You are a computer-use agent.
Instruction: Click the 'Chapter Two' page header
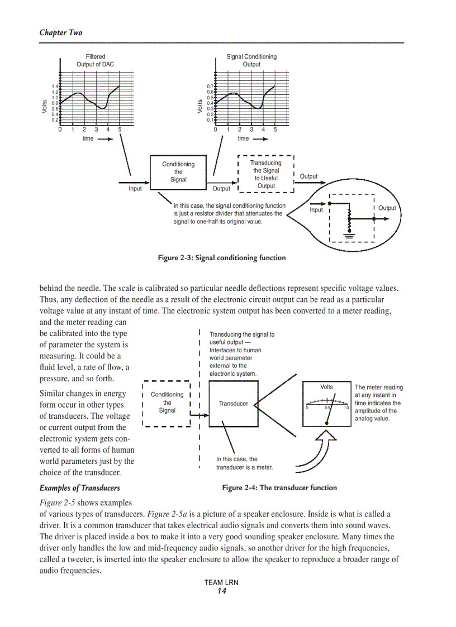pyautogui.click(x=60, y=32)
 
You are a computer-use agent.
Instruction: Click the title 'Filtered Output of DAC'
pyautogui.click(x=95, y=60)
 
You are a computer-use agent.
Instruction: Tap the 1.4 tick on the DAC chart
pyautogui.click(x=55, y=87)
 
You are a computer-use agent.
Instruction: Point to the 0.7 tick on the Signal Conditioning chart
pyautogui.click(x=210, y=87)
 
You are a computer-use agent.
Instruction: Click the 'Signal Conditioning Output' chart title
pyautogui.click(x=251, y=60)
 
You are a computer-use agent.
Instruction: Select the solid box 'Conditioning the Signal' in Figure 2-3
pyautogui.click(x=178, y=172)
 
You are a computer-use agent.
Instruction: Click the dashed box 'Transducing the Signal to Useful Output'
pyautogui.click(x=266, y=174)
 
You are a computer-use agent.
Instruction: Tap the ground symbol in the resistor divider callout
pyautogui.click(x=350, y=234)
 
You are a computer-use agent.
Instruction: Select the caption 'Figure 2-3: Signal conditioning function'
pyautogui.click(x=221, y=258)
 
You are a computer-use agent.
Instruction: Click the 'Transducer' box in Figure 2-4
pyautogui.click(x=234, y=404)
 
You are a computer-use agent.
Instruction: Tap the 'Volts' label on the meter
pyautogui.click(x=326, y=387)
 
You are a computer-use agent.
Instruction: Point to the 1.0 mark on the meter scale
pyautogui.click(x=346, y=408)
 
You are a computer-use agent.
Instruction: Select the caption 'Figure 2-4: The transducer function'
pyautogui.click(x=279, y=487)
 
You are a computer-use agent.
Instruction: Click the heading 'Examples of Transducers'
pyautogui.click(x=79, y=487)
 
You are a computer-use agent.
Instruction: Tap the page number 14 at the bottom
pyautogui.click(x=222, y=591)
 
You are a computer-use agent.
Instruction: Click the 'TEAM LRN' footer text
pyautogui.click(x=221, y=582)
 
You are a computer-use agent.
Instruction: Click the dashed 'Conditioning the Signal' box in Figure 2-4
pyautogui.click(x=167, y=403)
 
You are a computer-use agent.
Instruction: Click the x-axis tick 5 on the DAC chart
pyautogui.click(x=119, y=130)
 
